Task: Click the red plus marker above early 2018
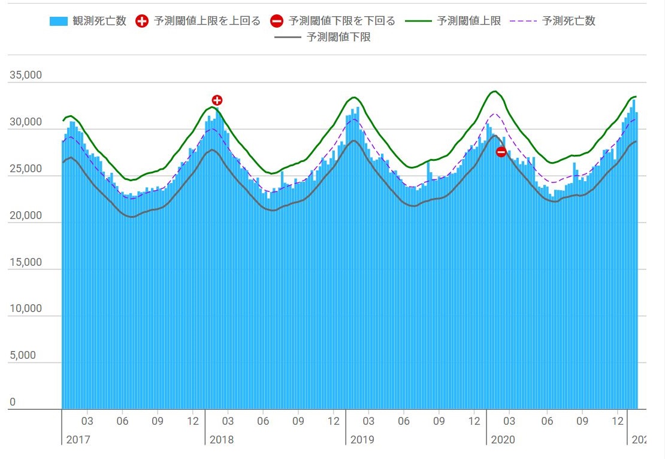point(217,100)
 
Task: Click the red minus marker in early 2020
point(501,152)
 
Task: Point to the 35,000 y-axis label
point(25,76)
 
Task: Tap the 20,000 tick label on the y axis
point(25,215)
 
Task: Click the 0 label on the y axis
point(12,402)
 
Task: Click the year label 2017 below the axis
point(78,440)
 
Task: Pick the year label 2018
point(222,440)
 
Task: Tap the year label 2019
point(362,440)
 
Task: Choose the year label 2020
point(503,440)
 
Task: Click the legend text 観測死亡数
point(104,22)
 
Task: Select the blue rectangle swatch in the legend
point(58,22)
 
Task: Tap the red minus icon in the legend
point(277,22)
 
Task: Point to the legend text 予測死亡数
point(569,22)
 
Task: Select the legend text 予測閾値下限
point(338,38)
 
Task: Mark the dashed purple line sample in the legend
point(523,22)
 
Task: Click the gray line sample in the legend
point(288,38)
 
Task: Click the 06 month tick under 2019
point(404,422)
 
